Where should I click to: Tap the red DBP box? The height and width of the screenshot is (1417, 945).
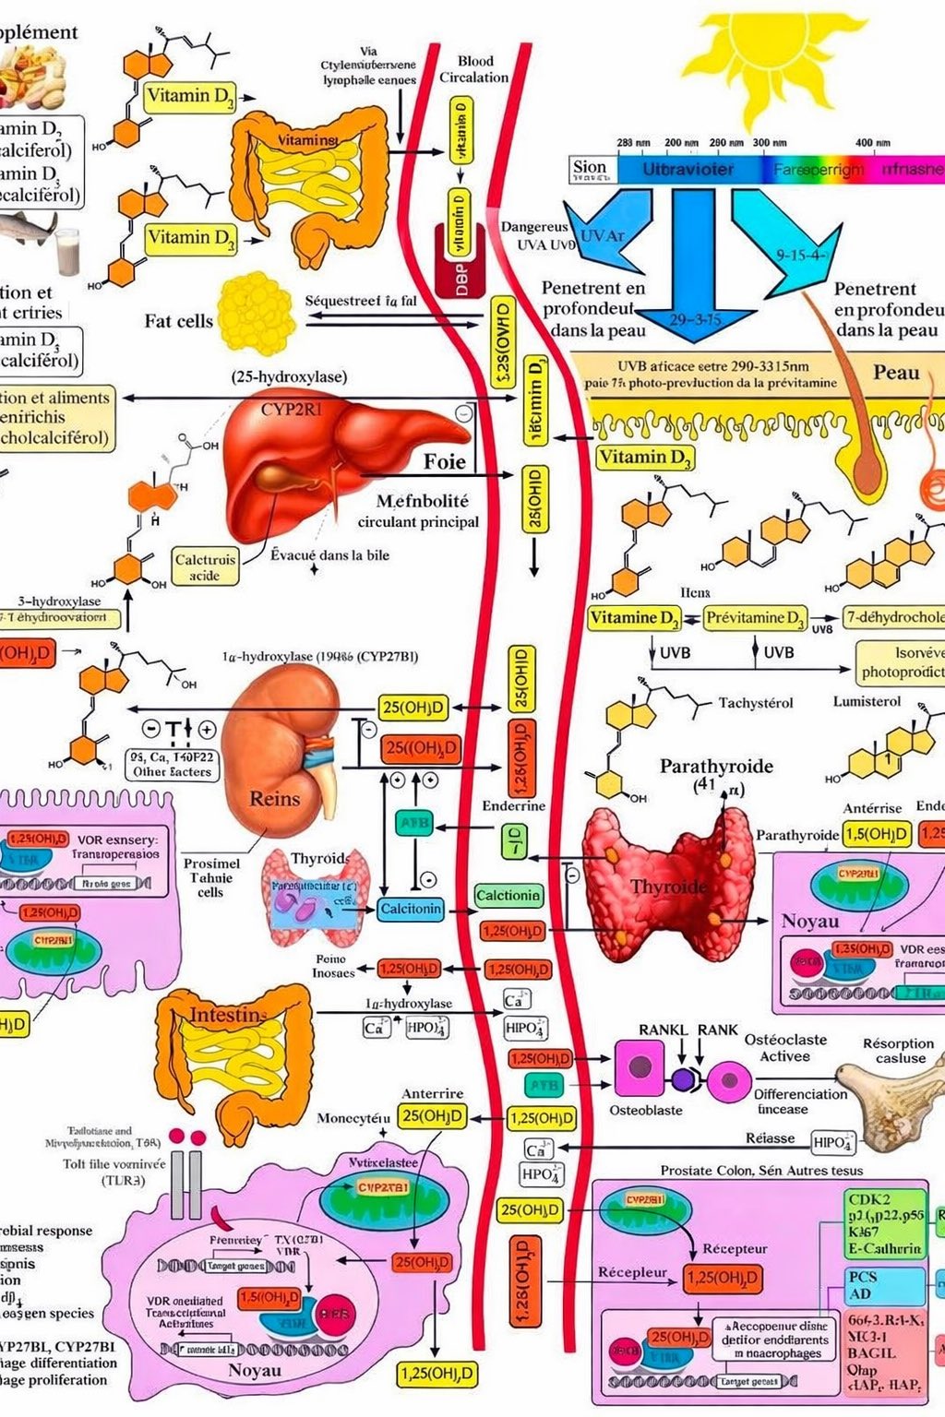(x=461, y=274)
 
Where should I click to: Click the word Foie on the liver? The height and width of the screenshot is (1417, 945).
(x=444, y=460)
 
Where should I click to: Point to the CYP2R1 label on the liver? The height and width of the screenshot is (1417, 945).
(x=291, y=409)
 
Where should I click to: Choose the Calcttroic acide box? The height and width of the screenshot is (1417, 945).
(x=205, y=566)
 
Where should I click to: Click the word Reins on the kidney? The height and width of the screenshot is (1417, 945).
(x=274, y=799)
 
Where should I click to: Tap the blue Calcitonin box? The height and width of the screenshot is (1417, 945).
(x=411, y=909)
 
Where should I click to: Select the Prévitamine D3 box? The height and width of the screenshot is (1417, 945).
(x=755, y=617)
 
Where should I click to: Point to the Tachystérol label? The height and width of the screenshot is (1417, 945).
(x=756, y=703)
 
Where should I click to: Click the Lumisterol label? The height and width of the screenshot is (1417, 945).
(x=867, y=701)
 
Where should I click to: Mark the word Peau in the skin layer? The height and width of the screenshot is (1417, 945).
(x=896, y=373)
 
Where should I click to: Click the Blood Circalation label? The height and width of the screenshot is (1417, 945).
(x=474, y=69)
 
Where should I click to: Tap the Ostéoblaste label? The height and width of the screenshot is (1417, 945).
(x=646, y=1110)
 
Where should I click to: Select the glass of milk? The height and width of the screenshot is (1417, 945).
(x=67, y=251)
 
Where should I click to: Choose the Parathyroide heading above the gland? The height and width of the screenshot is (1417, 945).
(x=716, y=766)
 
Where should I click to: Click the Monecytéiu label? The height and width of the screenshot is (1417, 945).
(x=353, y=1118)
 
